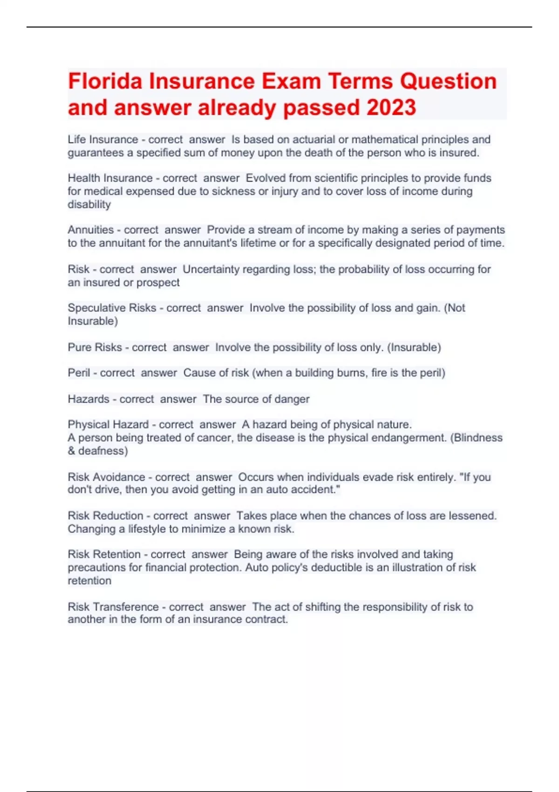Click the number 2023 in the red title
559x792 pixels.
pyautogui.click(x=391, y=108)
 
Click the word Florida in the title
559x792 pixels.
pyautogui.click(x=105, y=81)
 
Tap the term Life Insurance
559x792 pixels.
pyautogui.click(x=102, y=139)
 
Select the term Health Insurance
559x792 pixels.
pyautogui.click(x=110, y=178)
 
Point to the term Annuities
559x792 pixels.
pyautogui.click(x=90, y=230)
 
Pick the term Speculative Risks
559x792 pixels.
pyautogui.click(x=112, y=308)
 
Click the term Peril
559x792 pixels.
pyautogui.click(x=79, y=373)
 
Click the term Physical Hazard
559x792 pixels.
pyautogui.click(x=108, y=424)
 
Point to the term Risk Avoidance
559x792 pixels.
pyautogui.click(x=106, y=477)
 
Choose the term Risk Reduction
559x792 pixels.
pyautogui.click(x=105, y=516)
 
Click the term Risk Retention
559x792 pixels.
pyautogui.click(x=104, y=554)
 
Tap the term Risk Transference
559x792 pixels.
pyautogui.click(x=113, y=607)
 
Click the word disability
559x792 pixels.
pyautogui.click(x=89, y=205)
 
